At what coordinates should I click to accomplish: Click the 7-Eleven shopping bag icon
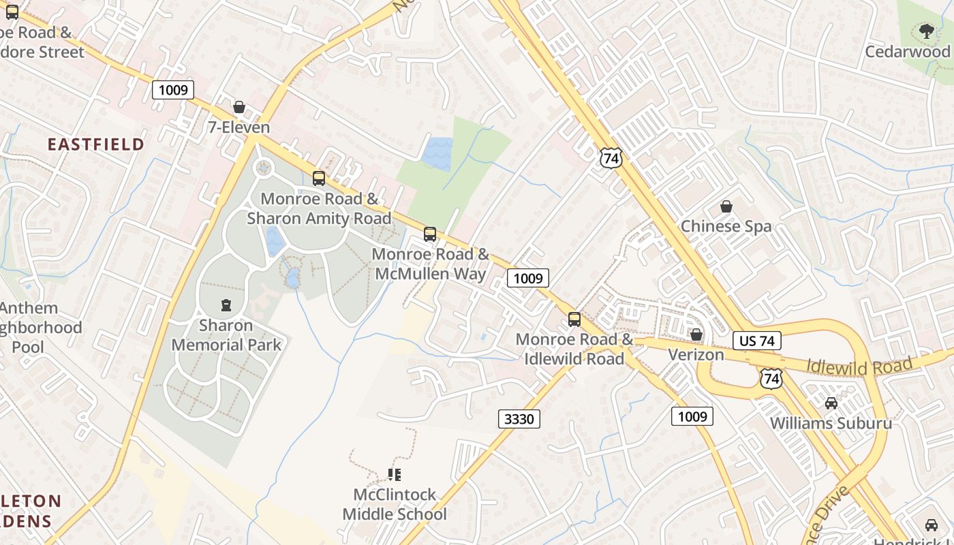239,107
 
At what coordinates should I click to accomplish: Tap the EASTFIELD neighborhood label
96,144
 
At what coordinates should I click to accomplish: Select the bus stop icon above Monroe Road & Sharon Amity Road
318,178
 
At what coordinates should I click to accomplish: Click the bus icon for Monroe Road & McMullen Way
430,234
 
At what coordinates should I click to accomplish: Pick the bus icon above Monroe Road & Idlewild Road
574,319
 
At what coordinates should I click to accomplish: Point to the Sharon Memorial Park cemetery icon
226,305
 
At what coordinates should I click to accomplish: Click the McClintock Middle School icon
394,474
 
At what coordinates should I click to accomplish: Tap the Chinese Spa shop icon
726,206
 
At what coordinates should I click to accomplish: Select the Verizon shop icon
696,334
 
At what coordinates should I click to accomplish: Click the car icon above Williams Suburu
831,403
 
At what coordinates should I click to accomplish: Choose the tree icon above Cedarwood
926,31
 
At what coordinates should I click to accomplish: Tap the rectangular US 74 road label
757,341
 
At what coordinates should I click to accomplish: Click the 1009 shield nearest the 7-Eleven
173,90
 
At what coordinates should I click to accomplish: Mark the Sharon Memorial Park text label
226,335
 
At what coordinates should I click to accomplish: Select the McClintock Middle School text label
395,504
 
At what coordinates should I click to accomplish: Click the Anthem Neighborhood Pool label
37,328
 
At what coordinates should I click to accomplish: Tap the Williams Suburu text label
831,423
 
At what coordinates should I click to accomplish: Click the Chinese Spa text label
726,226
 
